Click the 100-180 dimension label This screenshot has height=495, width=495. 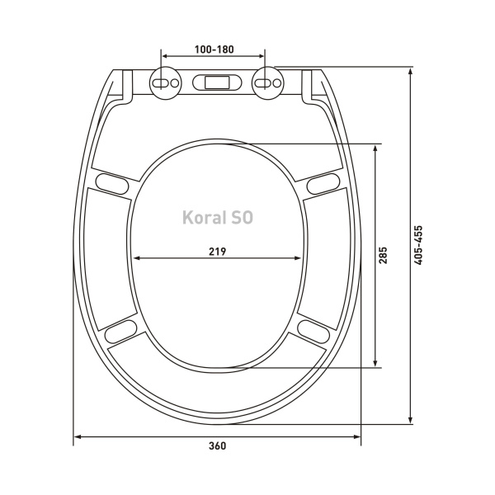pyautogui.click(x=214, y=49)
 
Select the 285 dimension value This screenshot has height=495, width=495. pyautogui.click(x=383, y=255)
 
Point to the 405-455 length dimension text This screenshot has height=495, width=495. pyautogui.click(x=418, y=245)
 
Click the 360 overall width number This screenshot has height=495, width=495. pyautogui.click(x=218, y=445)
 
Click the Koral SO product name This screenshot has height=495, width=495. pyautogui.click(x=218, y=218)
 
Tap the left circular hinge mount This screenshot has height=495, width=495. pyautogui.click(x=166, y=83)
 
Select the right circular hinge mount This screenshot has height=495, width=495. pyautogui.click(x=267, y=83)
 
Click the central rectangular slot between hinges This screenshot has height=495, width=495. pyautogui.click(x=217, y=82)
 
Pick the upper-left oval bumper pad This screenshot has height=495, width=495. pyautogui.click(x=112, y=184)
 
